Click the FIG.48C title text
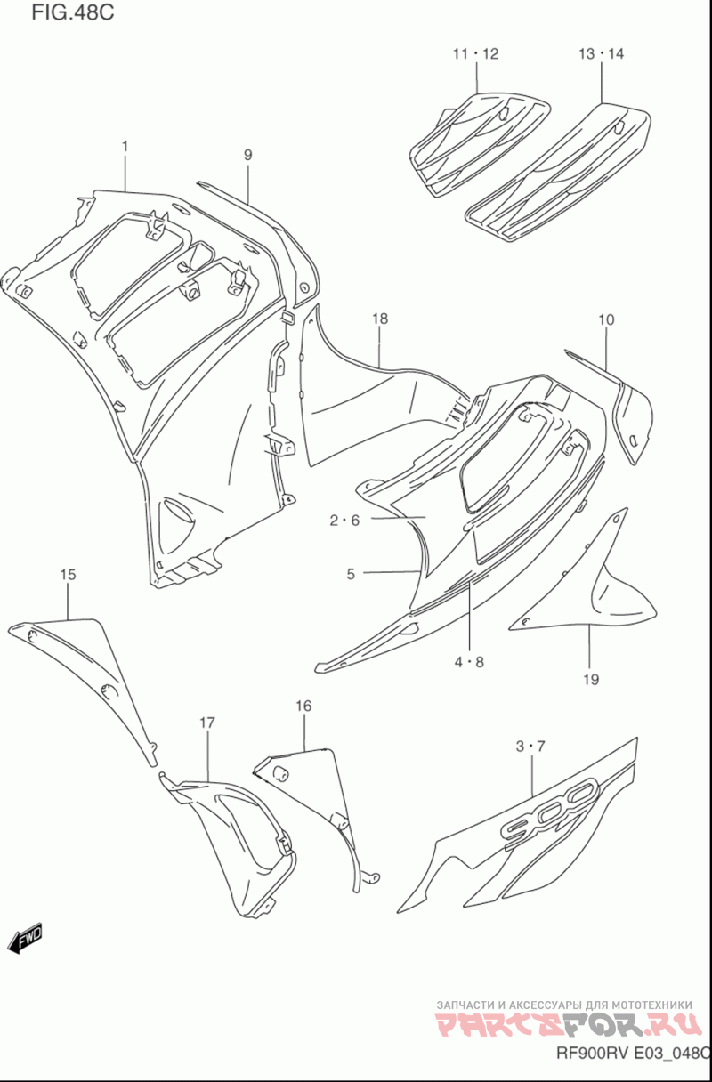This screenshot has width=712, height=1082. [x=73, y=12]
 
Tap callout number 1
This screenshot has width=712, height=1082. [x=125, y=146]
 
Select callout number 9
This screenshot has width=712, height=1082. [x=247, y=155]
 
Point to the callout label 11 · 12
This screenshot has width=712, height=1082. [x=475, y=53]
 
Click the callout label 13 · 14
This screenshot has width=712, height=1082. [x=602, y=53]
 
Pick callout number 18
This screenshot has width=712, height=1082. [x=380, y=319]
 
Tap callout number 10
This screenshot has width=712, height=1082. [x=606, y=319]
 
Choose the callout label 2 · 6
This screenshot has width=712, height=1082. [x=345, y=521]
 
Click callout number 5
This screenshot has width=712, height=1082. [x=351, y=574]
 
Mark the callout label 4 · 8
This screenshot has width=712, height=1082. [x=469, y=662]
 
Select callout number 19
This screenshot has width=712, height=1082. [x=591, y=680]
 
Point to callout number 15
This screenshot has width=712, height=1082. [x=69, y=574]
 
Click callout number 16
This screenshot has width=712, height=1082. [x=303, y=707]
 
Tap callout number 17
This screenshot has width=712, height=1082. [x=207, y=723]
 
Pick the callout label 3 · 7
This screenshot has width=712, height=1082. [x=530, y=747]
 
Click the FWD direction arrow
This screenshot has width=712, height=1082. [x=25, y=938]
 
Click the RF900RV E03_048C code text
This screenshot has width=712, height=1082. [x=634, y=1053]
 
